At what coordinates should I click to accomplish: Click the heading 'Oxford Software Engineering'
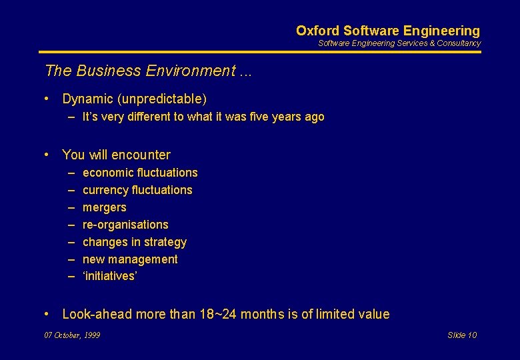(387, 31)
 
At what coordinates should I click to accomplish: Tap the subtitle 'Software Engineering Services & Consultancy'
(399, 43)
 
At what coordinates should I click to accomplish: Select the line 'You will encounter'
(116, 155)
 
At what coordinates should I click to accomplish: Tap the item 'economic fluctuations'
(140, 173)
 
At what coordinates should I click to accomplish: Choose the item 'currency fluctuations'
(137, 190)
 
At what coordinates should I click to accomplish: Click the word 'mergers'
(104, 207)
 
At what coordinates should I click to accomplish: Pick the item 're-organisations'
(125, 225)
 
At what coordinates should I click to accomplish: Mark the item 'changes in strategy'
(134, 242)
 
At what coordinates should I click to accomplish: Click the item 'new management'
(130, 259)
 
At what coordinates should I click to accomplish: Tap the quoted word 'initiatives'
(109, 277)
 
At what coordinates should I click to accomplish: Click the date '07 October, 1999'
(72, 335)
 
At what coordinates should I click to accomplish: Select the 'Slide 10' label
(462, 335)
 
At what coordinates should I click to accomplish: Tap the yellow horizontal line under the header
(260, 52)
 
